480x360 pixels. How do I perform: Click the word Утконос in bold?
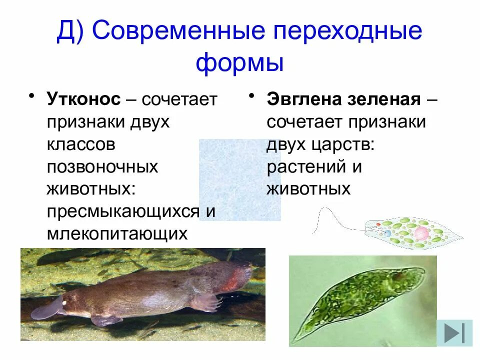pos(84,99)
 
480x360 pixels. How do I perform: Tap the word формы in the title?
pos(239,63)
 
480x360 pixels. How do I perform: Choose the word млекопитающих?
pos(117,233)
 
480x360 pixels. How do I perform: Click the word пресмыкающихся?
pos(122,211)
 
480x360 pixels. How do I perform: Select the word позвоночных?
pos(102,166)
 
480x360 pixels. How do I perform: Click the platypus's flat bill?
pos(47,309)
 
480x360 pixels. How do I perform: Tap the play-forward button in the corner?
pos(454,332)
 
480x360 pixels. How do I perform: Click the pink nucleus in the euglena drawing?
pos(421,233)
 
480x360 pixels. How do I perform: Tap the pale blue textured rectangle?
pos(239,180)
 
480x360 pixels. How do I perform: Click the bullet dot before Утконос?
pos(31,95)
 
